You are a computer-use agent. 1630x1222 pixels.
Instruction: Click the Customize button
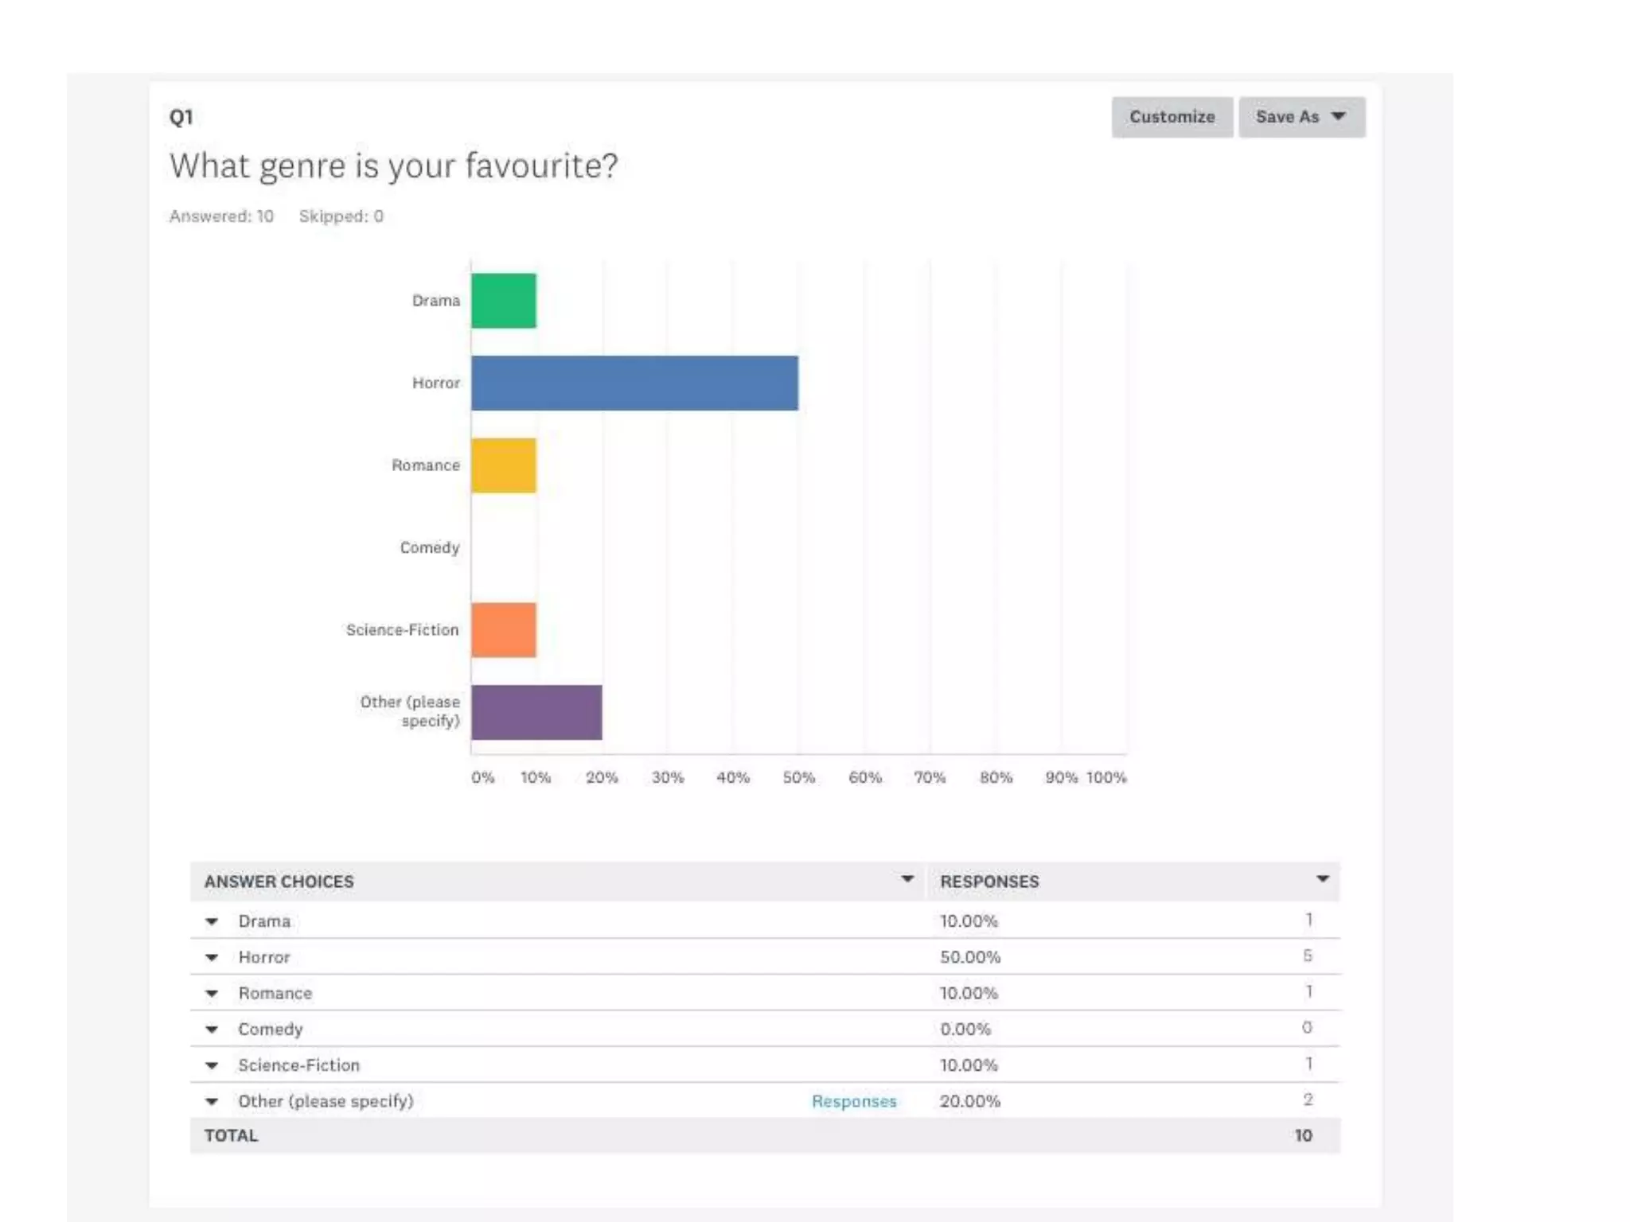(x=1172, y=117)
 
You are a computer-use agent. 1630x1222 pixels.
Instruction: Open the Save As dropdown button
(x=1301, y=117)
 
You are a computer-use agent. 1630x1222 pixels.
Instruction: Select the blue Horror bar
(x=634, y=383)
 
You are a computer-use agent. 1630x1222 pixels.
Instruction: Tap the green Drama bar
(x=504, y=301)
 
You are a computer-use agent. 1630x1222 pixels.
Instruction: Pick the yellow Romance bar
(x=504, y=465)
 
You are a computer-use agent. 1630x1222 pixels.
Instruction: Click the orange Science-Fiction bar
(x=504, y=630)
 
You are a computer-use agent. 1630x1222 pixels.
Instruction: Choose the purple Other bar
(x=536, y=712)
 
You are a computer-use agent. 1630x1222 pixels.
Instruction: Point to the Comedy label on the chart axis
(x=430, y=547)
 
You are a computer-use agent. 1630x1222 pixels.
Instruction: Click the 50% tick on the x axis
(x=798, y=777)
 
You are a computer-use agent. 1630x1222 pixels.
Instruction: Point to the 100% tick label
(x=1106, y=777)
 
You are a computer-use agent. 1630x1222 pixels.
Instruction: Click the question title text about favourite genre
(x=393, y=166)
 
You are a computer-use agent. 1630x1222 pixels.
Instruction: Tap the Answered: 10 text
(x=221, y=216)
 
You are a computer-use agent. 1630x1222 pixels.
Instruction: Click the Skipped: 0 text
(x=341, y=216)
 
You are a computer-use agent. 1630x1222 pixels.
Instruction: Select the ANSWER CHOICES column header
(x=279, y=881)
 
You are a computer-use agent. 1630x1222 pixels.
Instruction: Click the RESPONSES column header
(x=989, y=881)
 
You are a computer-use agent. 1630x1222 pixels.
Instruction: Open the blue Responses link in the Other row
(x=854, y=1101)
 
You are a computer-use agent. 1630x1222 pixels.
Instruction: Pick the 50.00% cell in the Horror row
(x=970, y=957)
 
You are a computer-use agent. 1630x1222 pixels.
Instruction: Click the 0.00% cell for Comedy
(x=965, y=1029)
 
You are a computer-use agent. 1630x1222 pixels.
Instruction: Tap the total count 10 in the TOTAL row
(x=1303, y=1135)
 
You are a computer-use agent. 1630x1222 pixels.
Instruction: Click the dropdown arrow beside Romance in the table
(x=212, y=994)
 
